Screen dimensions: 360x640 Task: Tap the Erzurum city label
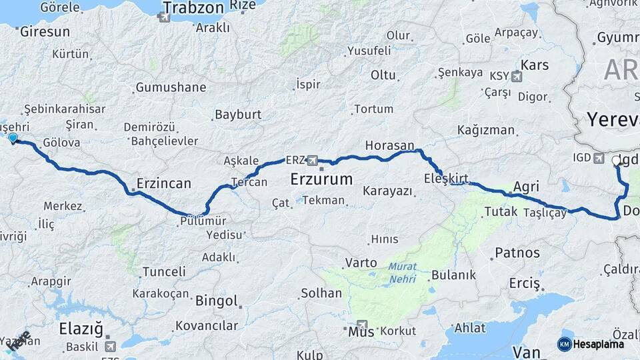[x=321, y=179]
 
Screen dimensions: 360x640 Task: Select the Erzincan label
[x=163, y=183]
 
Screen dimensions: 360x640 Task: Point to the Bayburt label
[x=238, y=114]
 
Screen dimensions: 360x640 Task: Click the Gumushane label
[x=171, y=87]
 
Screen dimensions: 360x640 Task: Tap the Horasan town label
[x=390, y=145]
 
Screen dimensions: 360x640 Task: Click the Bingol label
[x=217, y=301]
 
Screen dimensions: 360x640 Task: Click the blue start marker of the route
[x=13, y=138]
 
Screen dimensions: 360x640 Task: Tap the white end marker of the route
[x=616, y=161]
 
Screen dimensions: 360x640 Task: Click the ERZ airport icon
[x=313, y=160]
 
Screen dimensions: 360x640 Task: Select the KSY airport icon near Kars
[x=515, y=76]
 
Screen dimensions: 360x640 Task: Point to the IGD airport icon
[x=599, y=157]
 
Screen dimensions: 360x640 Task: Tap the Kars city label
[x=535, y=65]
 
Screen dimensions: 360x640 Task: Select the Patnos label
[x=517, y=253]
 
